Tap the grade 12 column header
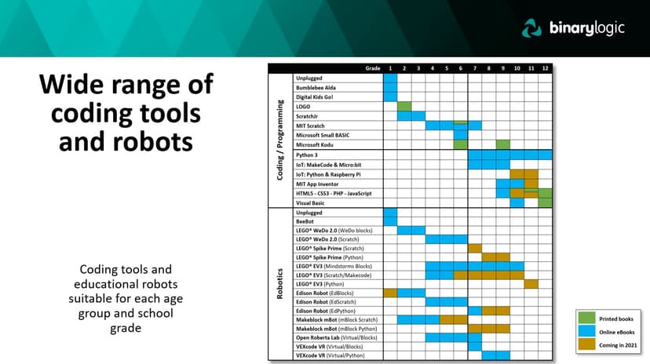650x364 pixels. [545, 69]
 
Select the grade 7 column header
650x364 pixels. [475, 69]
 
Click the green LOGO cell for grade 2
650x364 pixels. [404, 106]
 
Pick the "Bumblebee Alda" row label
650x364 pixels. [316, 87]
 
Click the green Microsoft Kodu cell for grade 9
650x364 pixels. [502, 144]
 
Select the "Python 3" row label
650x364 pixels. [306, 155]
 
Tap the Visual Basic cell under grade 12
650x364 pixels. [545, 202]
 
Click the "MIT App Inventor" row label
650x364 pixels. [318, 184]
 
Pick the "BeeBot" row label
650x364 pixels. [305, 222]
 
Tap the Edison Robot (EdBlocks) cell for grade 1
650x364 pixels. [390, 293]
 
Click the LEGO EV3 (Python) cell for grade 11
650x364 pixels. [531, 283]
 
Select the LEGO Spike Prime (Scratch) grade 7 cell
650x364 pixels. [475, 248]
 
